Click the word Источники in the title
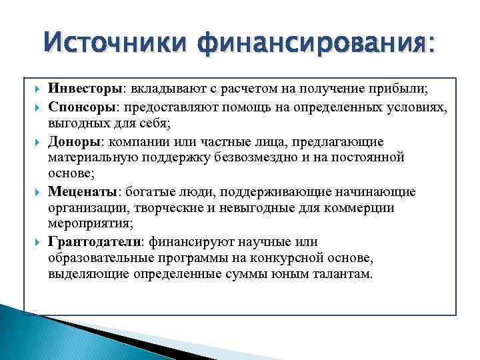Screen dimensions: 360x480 tap(113, 45)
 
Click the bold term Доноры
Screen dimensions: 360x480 tap(71, 141)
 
